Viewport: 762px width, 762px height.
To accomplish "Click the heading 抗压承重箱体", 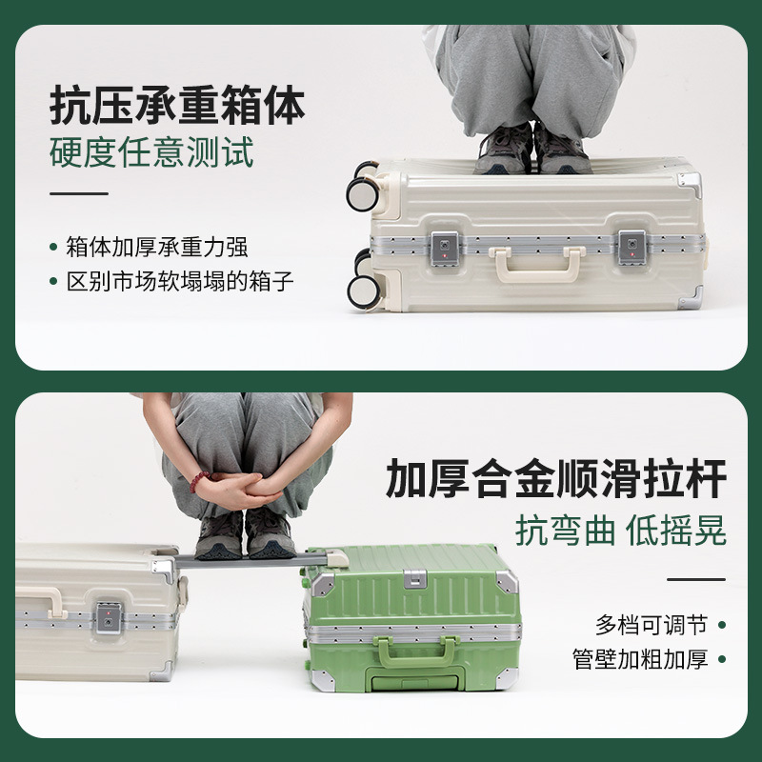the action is click(177, 106).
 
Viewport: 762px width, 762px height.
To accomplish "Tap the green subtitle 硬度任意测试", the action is click(151, 152).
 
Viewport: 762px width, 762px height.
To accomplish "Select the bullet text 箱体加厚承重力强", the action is click(157, 247).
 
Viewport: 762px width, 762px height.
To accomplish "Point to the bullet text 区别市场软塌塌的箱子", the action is click(180, 282).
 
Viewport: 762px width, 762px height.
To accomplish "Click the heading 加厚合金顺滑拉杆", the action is click(556, 478).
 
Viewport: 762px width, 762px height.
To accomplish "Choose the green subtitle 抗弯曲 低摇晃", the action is click(621, 531).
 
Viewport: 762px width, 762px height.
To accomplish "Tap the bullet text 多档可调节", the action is click(652, 625).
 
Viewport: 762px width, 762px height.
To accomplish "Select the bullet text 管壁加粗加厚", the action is click(640, 659).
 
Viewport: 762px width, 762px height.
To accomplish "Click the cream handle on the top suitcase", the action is click(537, 264).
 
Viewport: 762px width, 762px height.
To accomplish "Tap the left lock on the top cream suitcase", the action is click(445, 249).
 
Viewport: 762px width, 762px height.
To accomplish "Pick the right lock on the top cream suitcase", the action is click(632, 248).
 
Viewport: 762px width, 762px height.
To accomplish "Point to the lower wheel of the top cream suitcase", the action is click(364, 291).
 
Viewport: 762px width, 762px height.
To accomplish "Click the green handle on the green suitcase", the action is click(415, 652).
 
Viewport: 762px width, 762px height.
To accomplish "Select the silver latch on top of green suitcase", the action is click(415, 578).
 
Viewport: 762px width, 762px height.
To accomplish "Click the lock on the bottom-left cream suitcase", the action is click(108, 617).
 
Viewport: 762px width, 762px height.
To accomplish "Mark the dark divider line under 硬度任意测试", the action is click(79, 193).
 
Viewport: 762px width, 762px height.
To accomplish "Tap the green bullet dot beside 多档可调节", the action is click(722, 625).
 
